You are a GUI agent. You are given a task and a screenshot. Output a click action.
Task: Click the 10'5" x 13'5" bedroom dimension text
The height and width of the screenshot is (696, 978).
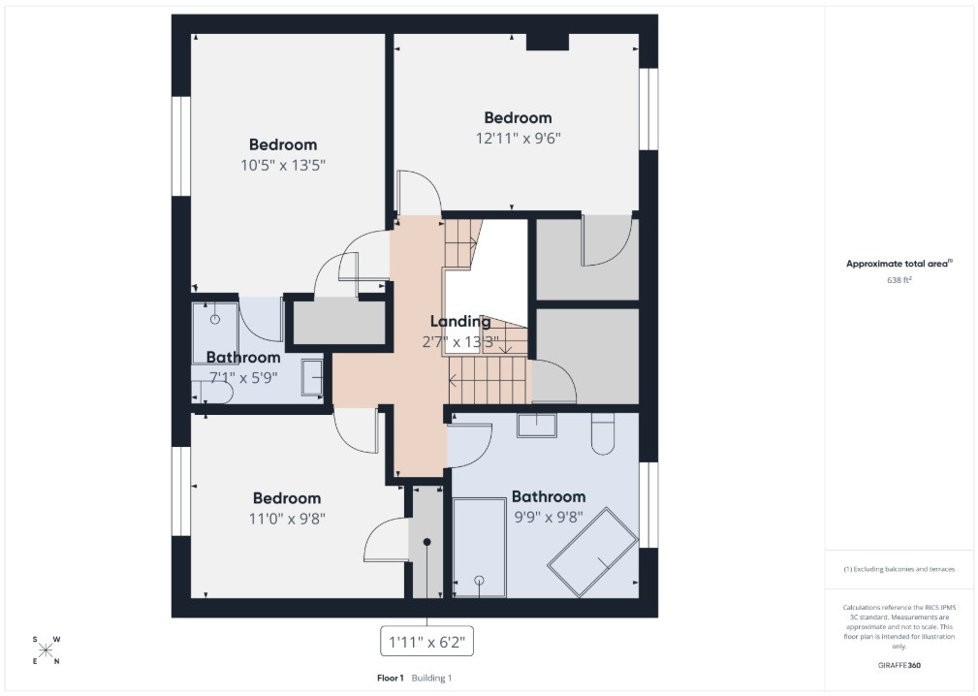(x=284, y=165)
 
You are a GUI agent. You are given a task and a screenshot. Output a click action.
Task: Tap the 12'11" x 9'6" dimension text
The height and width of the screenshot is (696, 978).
(x=519, y=138)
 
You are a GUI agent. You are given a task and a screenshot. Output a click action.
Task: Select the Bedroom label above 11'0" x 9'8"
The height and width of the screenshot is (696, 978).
(x=287, y=498)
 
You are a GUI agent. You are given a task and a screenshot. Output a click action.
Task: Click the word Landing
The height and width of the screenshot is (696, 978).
(x=460, y=322)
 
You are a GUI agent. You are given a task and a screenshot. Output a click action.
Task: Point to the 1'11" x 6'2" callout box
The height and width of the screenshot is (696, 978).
(x=427, y=641)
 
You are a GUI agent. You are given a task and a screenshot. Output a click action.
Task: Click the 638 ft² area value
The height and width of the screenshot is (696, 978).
(x=899, y=280)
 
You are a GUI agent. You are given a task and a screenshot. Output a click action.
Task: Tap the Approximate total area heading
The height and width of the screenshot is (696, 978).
(x=899, y=264)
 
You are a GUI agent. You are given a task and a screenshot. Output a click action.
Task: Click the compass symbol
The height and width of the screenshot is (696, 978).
(x=46, y=650)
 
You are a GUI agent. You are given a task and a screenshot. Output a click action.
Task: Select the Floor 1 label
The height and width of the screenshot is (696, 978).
(x=391, y=678)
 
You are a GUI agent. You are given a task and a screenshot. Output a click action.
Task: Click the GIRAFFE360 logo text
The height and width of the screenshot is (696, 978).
(x=899, y=665)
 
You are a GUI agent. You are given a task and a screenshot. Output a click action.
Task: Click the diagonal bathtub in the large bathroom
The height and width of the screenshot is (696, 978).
(x=592, y=552)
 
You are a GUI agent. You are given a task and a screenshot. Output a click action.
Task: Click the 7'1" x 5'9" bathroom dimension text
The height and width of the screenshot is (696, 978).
(x=243, y=378)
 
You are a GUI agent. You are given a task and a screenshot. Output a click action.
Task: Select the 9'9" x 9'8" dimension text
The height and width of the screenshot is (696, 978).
(x=549, y=518)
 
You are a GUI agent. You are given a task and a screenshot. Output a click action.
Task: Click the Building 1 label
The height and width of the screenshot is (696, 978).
(x=431, y=678)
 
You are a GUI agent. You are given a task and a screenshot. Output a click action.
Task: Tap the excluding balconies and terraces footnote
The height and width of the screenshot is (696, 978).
(x=899, y=569)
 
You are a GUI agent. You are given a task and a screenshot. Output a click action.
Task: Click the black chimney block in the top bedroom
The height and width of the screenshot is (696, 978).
(x=548, y=41)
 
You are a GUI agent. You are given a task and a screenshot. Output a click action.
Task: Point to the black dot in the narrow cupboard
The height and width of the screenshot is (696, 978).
(x=427, y=542)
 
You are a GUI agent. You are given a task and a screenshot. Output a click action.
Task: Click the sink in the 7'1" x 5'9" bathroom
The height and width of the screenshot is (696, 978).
(x=312, y=377)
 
